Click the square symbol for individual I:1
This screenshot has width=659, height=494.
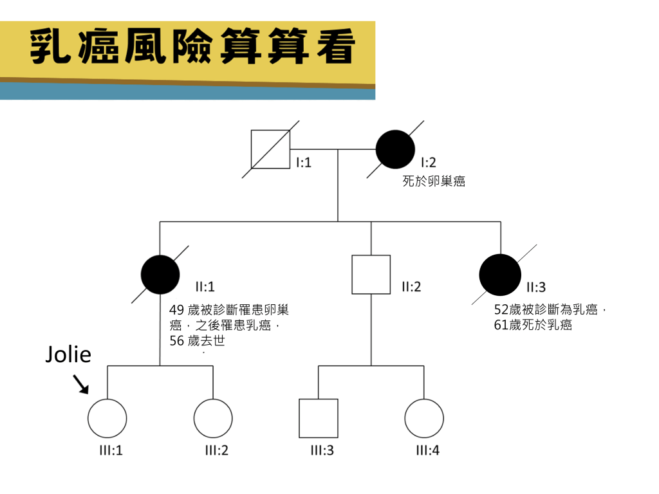tap(270, 149)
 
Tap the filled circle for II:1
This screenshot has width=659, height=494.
tap(160, 275)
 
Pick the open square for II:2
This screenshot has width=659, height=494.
tap(371, 275)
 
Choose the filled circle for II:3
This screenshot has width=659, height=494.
tap(500, 275)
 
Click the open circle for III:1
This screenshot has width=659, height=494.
tap(107, 418)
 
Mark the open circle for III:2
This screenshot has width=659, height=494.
tap(213, 418)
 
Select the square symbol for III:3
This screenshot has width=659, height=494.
tap(319, 418)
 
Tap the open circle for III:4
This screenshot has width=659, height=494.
tap(424, 418)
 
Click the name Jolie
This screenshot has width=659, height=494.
tap(68, 354)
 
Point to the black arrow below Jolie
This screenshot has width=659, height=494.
tap(81, 383)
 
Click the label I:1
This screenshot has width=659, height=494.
tap(303, 163)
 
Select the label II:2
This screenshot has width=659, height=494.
tap(411, 287)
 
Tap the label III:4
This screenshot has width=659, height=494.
tap(427, 450)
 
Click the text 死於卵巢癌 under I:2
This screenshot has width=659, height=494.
tap(434, 181)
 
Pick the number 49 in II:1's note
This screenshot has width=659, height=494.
tap(176, 310)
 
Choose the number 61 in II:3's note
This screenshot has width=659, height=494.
tap(501, 325)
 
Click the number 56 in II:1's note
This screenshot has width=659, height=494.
tap(176, 341)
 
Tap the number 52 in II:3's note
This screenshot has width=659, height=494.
tap(501, 310)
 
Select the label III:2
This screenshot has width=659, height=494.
tap(216, 450)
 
